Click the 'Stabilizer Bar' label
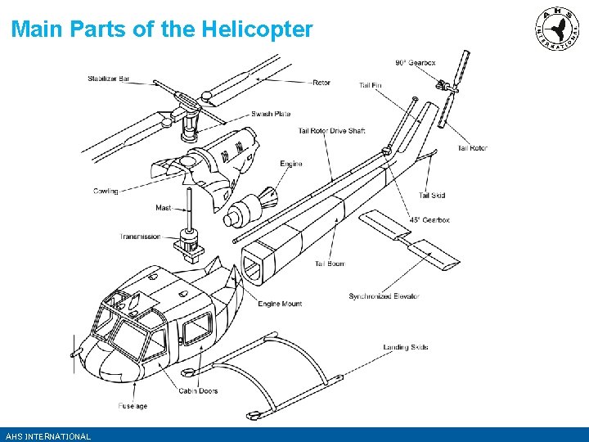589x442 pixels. click(109, 79)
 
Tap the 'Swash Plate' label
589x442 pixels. click(271, 114)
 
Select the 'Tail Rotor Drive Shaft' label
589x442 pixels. click(331, 131)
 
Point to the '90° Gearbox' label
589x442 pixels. click(416, 63)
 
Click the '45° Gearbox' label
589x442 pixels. click(430, 220)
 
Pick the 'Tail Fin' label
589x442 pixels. click(370, 85)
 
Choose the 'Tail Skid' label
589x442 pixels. click(432, 196)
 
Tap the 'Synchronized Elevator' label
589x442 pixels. click(384, 296)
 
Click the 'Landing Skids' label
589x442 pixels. click(406, 347)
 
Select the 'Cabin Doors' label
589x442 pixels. click(199, 390)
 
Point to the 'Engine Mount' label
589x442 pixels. click(280, 304)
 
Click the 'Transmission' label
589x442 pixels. click(141, 237)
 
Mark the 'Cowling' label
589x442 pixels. click(106, 192)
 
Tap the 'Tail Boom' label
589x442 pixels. click(330, 264)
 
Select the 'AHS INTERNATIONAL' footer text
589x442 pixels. click(47, 436)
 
